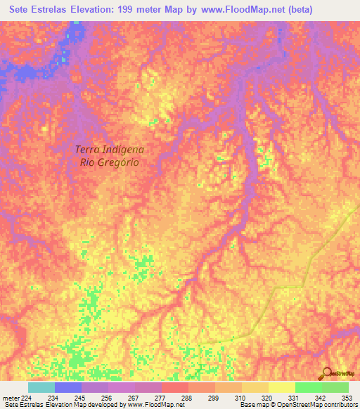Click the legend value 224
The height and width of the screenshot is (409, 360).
coord(27,398)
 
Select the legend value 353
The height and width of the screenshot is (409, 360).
coord(347,398)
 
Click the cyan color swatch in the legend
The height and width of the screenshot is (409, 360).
coord(41,388)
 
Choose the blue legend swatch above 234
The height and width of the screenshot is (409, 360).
coord(67,388)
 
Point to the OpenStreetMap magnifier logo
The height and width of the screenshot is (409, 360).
coord(328,373)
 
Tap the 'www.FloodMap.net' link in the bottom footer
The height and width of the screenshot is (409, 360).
coord(151,405)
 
